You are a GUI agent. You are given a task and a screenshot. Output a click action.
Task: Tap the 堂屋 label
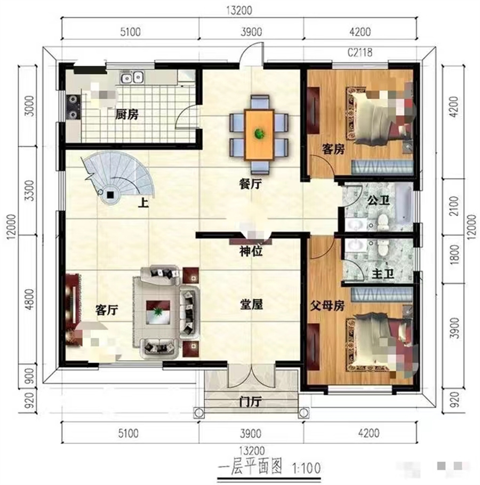point(251,305)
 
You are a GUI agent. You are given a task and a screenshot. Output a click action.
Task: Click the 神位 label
point(250,251)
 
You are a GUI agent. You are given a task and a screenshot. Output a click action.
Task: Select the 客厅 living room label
point(107,309)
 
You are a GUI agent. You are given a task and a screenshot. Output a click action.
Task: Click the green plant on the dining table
point(259,133)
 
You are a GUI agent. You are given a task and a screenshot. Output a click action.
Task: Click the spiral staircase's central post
point(110,194)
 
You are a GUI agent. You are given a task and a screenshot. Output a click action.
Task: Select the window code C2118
point(359,52)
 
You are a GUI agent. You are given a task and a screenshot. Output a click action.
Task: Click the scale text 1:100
point(306,468)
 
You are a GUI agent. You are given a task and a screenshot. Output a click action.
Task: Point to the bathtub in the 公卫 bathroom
point(405,204)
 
